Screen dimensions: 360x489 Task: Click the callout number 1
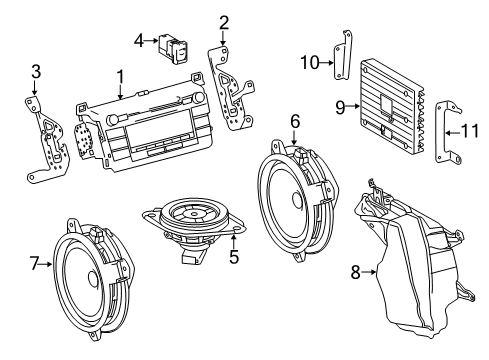tap(120, 76)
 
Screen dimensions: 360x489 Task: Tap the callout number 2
tap(224, 22)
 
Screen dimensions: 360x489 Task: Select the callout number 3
tap(35, 71)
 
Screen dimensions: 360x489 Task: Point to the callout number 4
tap(139, 40)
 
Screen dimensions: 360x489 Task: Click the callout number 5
tap(233, 255)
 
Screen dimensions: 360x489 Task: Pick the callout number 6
tap(295, 121)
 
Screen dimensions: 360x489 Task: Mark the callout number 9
tap(340, 106)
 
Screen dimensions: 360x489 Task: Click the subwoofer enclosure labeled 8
tap(410, 260)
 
